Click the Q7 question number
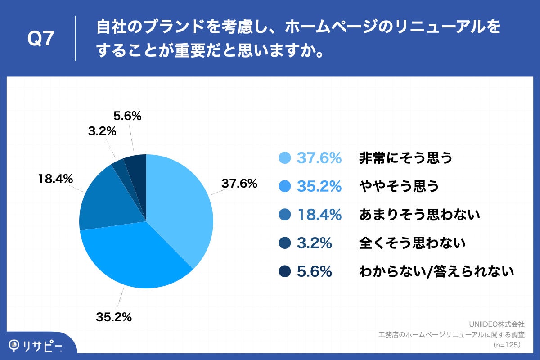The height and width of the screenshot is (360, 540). pos(41,40)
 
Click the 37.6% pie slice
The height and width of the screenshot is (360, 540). pos(180,202)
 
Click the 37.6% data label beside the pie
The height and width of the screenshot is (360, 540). pos(238,184)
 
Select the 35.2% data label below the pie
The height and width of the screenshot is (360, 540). pos(113,317)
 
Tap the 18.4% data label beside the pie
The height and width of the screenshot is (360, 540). pos(54,179)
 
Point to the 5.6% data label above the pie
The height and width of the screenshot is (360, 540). pos(127,116)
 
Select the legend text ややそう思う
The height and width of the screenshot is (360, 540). pos(399,186)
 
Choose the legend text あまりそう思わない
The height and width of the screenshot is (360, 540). pos(419,215)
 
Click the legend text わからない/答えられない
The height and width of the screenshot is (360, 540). pos(436,271)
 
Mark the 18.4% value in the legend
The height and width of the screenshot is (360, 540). pos(319,215)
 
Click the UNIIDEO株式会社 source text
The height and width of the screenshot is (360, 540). pos(496,324)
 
